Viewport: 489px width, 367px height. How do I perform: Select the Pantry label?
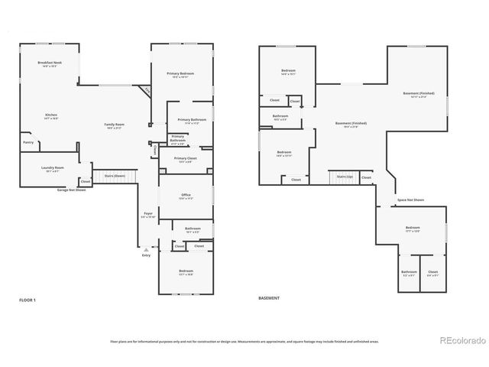[x=28, y=142]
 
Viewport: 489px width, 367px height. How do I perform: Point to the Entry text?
[x=146, y=255]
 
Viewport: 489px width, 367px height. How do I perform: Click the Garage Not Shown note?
[x=71, y=190]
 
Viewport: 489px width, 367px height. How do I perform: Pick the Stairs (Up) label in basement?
[x=344, y=177]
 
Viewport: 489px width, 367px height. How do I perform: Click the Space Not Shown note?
[x=410, y=200]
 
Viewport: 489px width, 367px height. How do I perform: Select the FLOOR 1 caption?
[x=28, y=300]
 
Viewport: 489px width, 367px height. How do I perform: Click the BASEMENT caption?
[x=269, y=298]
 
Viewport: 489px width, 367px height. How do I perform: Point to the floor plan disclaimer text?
[x=244, y=341]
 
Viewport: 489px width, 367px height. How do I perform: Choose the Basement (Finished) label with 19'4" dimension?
[x=351, y=125]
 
